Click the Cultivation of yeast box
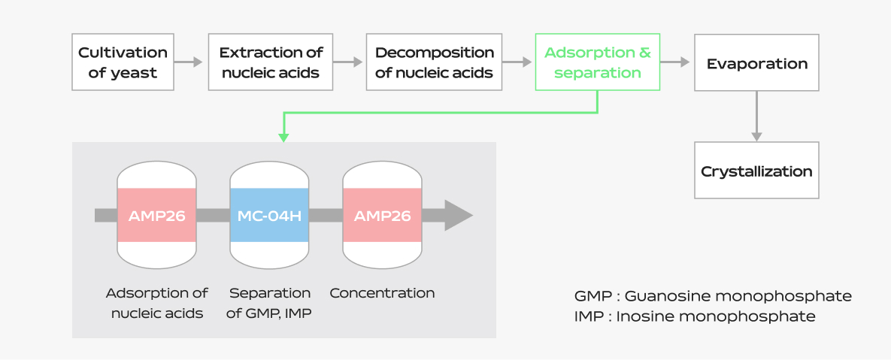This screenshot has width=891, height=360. click(123, 62)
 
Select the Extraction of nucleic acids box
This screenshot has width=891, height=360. click(271, 62)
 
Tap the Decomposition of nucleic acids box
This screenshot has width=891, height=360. click(434, 62)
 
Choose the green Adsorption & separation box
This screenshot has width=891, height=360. click(597, 62)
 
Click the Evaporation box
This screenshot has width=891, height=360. click(756, 62)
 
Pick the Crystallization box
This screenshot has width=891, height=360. click(756, 171)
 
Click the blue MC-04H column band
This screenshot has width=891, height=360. click(269, 215)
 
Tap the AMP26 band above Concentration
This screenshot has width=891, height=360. click(382, 215)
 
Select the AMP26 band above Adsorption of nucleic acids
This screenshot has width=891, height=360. click(157, 215)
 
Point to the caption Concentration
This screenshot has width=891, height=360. click(382, 294)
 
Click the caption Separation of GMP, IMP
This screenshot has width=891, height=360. click(269, 303)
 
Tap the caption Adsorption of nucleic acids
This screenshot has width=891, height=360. click(157, 303)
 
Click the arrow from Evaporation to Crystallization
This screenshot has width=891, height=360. click(756, 116)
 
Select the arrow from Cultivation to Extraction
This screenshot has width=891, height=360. click(188, 62)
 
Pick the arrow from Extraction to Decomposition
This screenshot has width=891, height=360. click(348, 62)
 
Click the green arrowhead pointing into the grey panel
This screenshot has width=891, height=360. click(283, 138)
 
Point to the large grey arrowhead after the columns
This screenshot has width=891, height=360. click(458, 215)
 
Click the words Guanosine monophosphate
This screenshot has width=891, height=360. click(738, 296)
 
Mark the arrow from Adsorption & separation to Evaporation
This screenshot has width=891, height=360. click(674, 62)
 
